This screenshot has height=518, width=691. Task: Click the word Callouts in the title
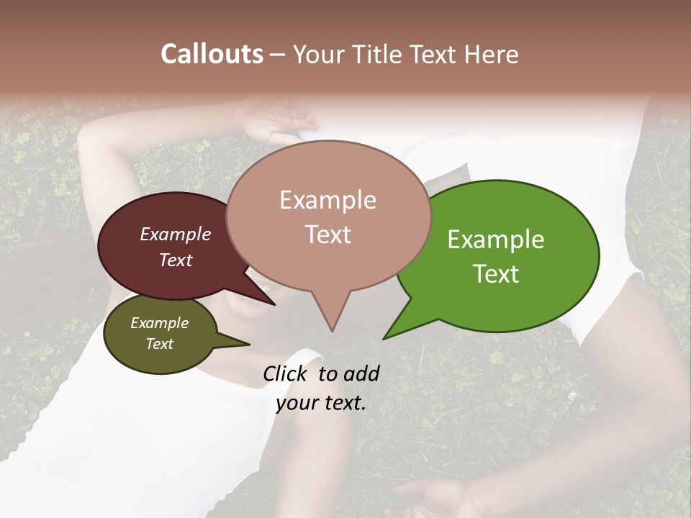[212, 54]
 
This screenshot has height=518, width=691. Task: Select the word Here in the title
[491, 54]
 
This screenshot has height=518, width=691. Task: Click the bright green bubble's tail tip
[385, 337]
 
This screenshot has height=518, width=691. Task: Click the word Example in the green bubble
[496, 240]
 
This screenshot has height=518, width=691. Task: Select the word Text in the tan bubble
[328, 235]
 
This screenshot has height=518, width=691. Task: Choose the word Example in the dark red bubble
[176, 234]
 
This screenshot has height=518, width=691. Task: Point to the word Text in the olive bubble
[160, 344]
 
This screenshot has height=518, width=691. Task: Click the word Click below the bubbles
[286, 373]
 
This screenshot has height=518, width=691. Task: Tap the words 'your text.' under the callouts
[321, 403]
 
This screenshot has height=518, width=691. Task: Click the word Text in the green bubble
[497, 273]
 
